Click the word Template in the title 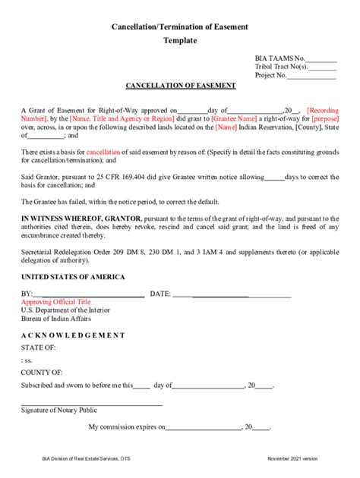pos(179,40)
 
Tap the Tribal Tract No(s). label pos(280,67)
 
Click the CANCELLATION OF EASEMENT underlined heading pos(180,86)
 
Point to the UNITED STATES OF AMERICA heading pos(73,277)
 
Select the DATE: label pos(159,294)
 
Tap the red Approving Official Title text pos(55,302)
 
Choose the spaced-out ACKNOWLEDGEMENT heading pos(73,335)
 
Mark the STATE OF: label pos(38,347)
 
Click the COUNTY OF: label pos(42,373)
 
